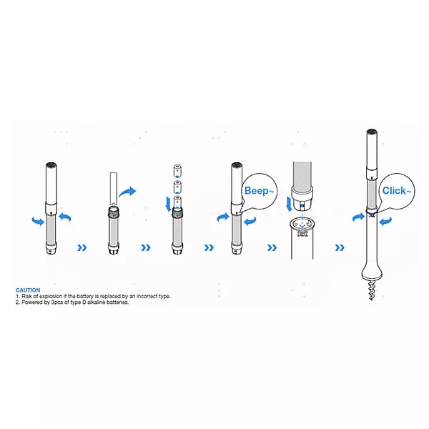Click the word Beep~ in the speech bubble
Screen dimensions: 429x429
[259, 191]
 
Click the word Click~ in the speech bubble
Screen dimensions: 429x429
[396, 191]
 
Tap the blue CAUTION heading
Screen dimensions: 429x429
[28, 290]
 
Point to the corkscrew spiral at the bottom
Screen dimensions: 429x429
[372, 290]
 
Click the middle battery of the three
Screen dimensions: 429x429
[177, 187]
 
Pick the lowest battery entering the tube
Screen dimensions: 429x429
[177, 202]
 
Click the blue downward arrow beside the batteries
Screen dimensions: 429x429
[168, 204]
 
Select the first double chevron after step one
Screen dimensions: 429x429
[82, 248]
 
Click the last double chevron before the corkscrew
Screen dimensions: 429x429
[340, 248]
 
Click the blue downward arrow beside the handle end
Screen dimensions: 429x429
[289, 204]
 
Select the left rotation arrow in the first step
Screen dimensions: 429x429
[38, 220]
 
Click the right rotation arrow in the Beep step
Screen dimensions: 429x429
[250, 221]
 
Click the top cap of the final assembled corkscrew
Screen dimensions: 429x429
[372, 132]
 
